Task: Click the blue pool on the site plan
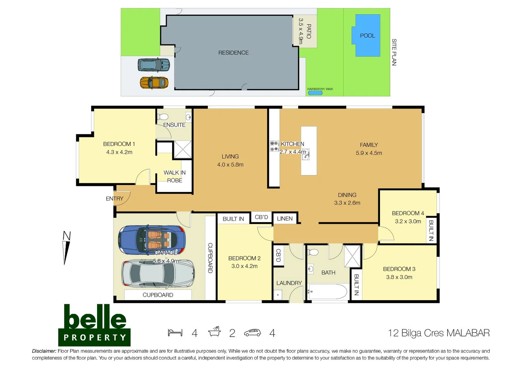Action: coord(367,35)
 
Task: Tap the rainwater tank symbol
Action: coord(315,93)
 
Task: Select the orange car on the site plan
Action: coord(154,83)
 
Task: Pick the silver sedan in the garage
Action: coord(158,274)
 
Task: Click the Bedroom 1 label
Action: coord(119,144)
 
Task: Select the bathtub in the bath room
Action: coord(327,292)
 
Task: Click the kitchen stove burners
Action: coord(274,146)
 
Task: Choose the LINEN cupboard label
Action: coord(285,219)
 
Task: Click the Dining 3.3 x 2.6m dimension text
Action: coord(347,203)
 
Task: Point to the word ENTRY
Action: coord(115,199)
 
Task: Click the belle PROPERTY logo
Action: coord(95,325)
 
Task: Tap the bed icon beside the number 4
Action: coord(175,333)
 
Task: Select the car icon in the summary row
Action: coord(252,333)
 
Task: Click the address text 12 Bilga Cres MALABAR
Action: coord(439,333)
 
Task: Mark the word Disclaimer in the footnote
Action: coord(44,351)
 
